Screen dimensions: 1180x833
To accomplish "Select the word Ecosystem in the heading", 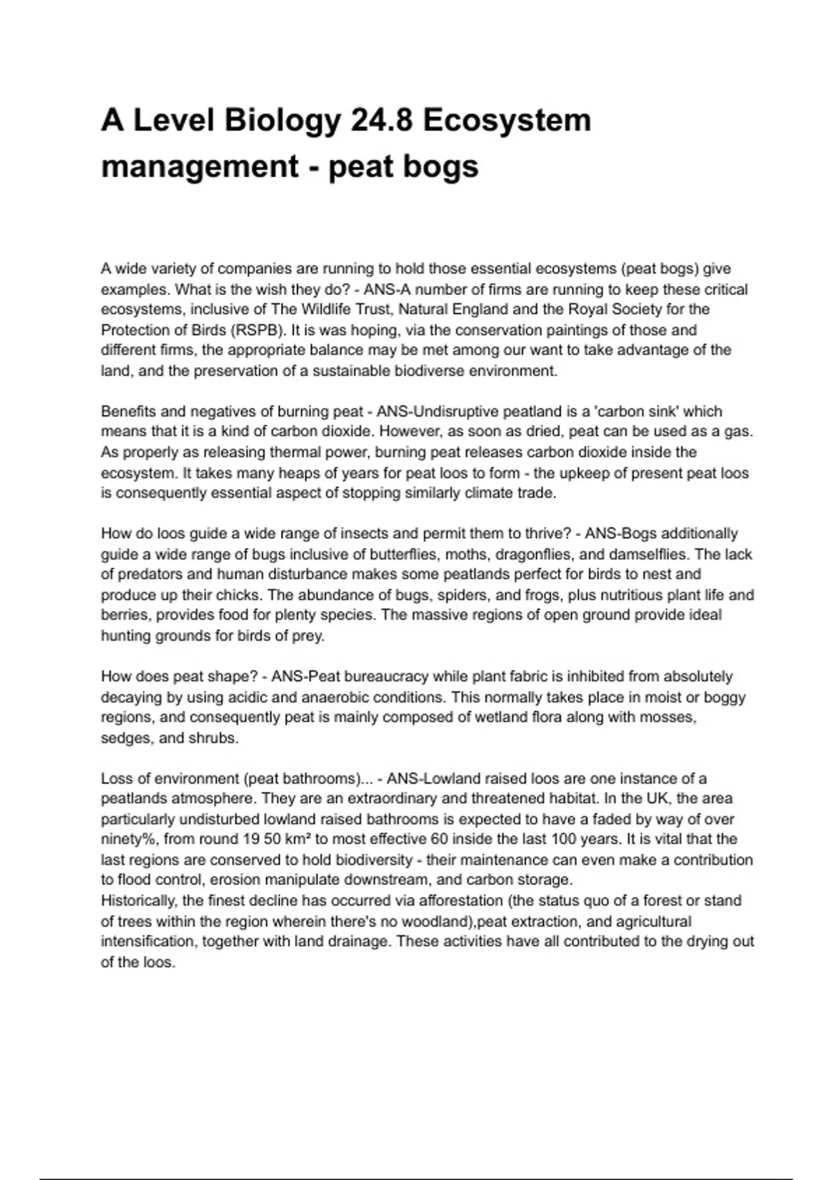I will (507, 120).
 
